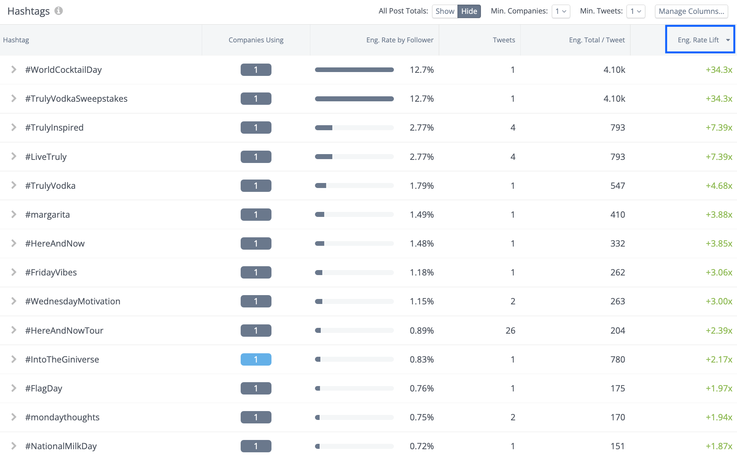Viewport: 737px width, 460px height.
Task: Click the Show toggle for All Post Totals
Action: click(x=445, y=11)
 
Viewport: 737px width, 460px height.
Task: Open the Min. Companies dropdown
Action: click(x=561, y=11)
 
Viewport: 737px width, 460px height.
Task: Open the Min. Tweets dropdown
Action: click(x=635, y=11)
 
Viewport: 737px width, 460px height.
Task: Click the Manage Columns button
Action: click(x=691, y=11)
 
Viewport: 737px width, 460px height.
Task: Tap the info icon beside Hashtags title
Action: click(x=59, y=11)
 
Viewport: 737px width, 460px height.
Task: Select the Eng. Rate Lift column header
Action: click(x=698, y=40)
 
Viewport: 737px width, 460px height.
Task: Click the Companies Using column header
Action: click(x=256, y=40)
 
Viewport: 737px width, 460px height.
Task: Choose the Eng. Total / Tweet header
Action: click(x=596, y=40)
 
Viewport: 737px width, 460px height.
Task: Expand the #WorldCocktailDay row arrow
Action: click(x=14, y=69)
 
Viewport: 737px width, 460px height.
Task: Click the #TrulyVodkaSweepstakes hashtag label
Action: click(x=76, y=99)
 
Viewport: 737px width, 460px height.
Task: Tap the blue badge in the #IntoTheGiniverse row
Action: click(x=256, y=359)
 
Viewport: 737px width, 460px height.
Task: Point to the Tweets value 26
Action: click(x=510, y=331)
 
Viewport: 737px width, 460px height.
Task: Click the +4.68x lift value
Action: click(x=719, y=186)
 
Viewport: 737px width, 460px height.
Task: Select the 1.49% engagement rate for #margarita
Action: click(x=422, y=215)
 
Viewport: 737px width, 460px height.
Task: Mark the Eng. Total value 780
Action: click(x=618, y=359)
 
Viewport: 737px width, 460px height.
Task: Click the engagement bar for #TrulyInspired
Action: click(x=354, y=128)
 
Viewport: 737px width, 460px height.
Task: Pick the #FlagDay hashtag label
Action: click(x=44, y=388)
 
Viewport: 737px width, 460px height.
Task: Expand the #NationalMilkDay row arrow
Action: click(x=14, y=446)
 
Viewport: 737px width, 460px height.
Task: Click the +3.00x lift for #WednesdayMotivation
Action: click(x=719, y=301)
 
